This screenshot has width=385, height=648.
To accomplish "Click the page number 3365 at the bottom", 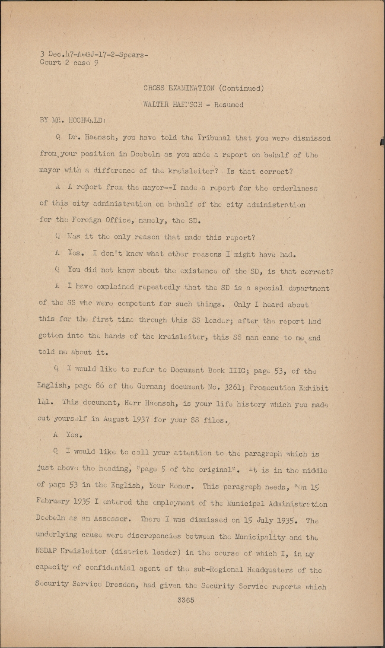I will click(x=186, y=600).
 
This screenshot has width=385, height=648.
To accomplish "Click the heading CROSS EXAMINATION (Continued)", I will click(x=204, y=88).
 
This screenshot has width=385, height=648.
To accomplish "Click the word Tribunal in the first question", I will click(x=214, y=138).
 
